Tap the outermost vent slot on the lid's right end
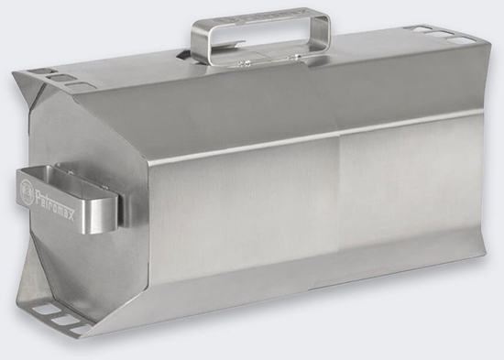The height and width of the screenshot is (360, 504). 465,39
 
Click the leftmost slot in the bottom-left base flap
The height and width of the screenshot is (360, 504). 42,312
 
